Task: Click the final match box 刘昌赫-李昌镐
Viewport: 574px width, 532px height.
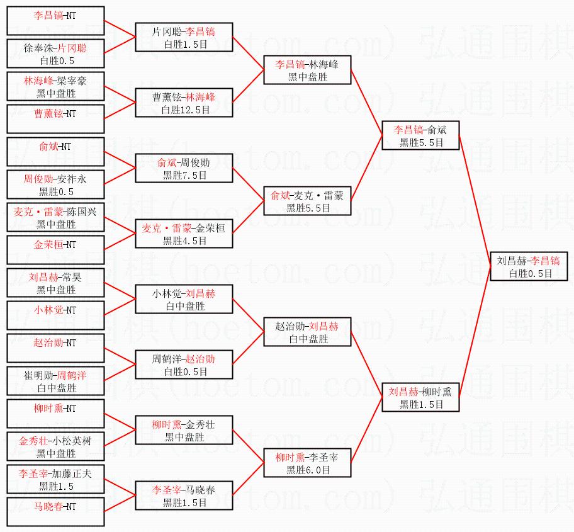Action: pos(529,266)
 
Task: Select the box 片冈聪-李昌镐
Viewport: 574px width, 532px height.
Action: pos(184,38)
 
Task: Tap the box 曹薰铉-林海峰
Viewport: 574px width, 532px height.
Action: pos(184,103)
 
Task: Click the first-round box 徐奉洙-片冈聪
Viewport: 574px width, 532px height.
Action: pos(55,54)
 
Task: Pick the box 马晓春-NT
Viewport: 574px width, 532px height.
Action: pos(55,512)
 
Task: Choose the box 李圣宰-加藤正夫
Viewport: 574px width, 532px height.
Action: pos(55,480)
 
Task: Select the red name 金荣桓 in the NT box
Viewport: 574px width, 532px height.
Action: pos(49,244)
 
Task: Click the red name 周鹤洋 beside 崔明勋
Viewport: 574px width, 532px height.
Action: pos(72,375)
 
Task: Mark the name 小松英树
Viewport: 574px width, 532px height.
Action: pos(71,441)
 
